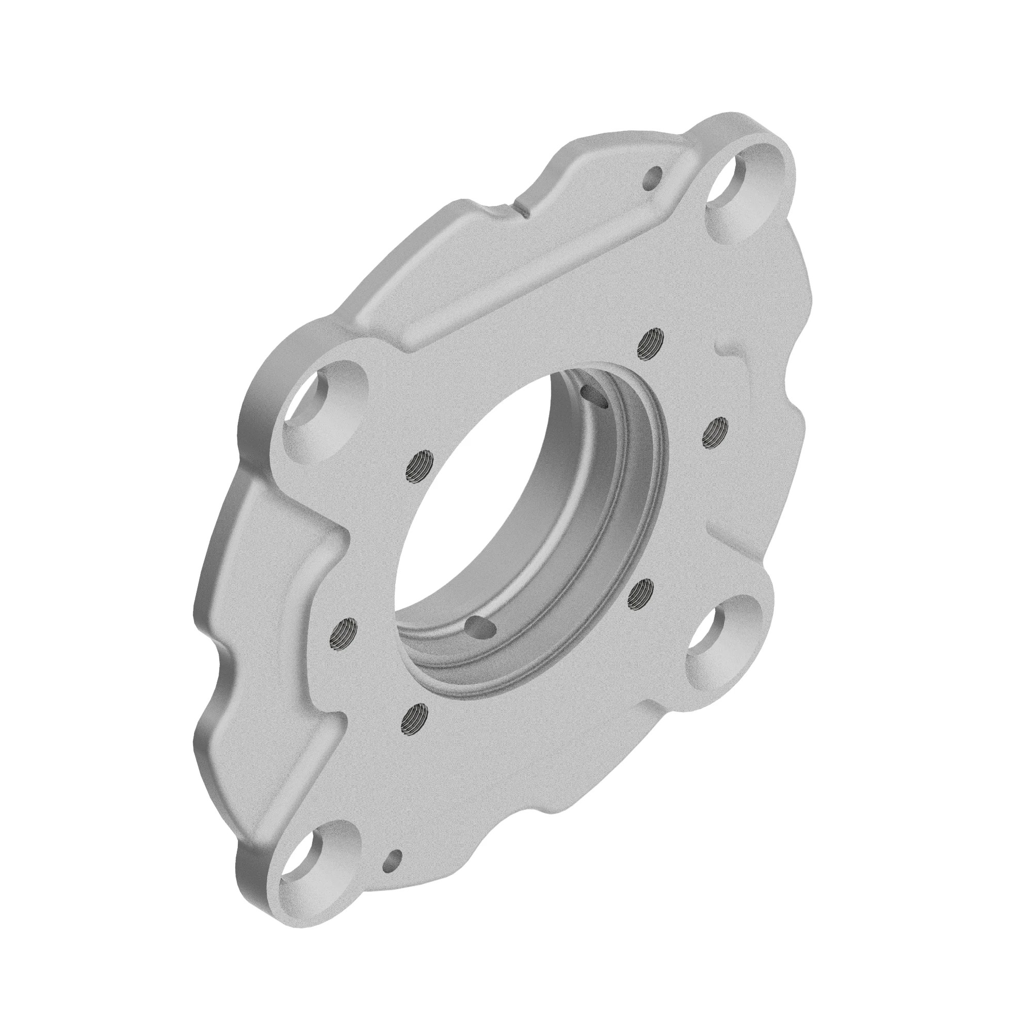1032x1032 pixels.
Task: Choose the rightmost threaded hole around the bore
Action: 714,428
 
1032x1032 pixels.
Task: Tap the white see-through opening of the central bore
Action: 470,502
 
